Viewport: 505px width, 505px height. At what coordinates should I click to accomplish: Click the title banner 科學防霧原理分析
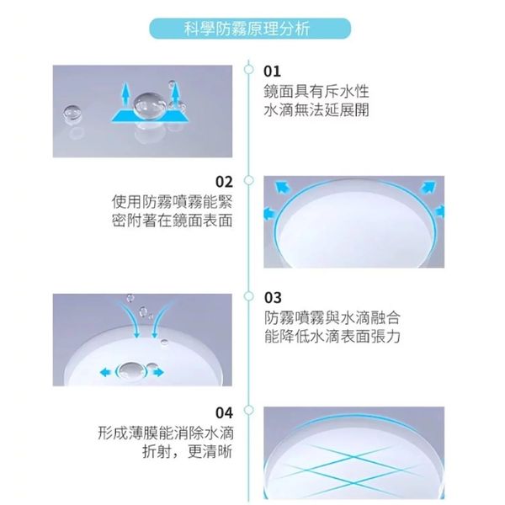pos(250,29)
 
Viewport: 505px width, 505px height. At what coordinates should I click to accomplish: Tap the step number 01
pos(272,72)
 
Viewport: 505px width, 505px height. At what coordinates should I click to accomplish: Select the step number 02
pos(224,182)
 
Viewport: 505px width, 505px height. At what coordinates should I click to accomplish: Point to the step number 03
pos(273,298)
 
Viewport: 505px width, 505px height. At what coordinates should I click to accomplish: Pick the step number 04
pos(224,412)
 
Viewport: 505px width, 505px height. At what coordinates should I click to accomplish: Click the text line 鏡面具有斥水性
pos(316,92)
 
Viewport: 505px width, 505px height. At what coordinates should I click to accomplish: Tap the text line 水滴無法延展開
pos(316,110)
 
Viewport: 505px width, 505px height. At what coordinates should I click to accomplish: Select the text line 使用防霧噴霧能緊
pos(172,202)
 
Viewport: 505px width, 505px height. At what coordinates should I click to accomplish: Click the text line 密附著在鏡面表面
pos(172,221)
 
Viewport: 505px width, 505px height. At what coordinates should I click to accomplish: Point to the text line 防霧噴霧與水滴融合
pos(332,318)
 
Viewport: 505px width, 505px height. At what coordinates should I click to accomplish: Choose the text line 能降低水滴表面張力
pos(332,337)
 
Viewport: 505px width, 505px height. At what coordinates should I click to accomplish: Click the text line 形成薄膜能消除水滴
pos(166,433)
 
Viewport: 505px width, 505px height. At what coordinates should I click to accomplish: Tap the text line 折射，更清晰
pos(187,451)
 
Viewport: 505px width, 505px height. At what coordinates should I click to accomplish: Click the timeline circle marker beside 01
pos(248,69)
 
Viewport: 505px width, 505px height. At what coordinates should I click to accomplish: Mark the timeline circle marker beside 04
pos(248,410)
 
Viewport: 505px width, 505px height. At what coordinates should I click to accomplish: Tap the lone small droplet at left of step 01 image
pos(72,114)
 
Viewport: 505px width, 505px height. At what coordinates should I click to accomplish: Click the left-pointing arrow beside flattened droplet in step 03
pos(106,373)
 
